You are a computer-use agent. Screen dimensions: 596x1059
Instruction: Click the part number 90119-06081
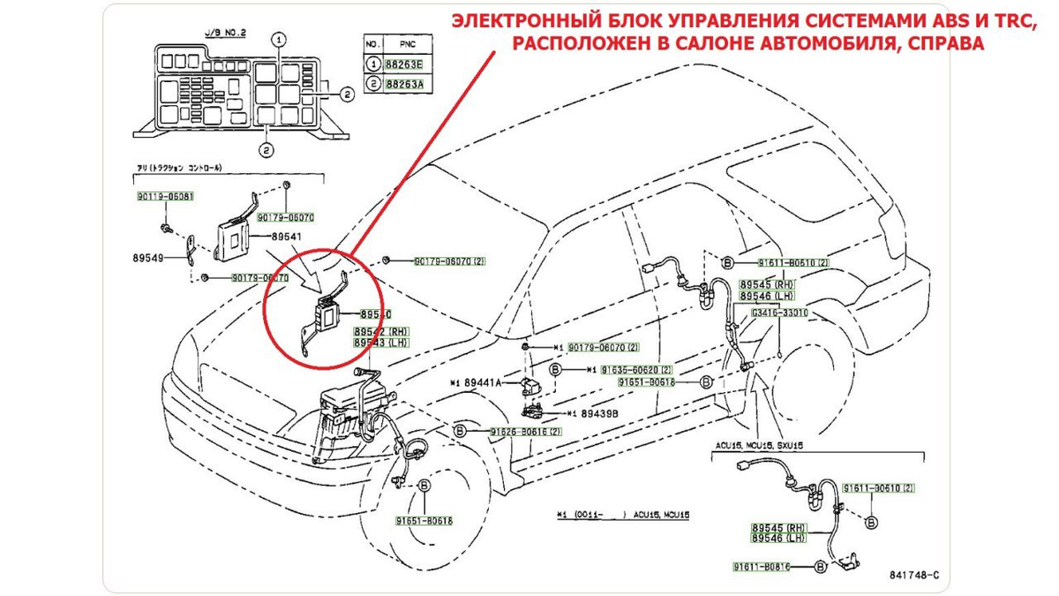(165, 197)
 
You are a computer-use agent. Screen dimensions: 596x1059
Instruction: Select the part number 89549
(151, 260)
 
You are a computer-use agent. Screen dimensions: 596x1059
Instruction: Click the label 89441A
(481, 382)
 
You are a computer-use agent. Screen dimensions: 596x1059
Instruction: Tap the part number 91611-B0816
(762, 565)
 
